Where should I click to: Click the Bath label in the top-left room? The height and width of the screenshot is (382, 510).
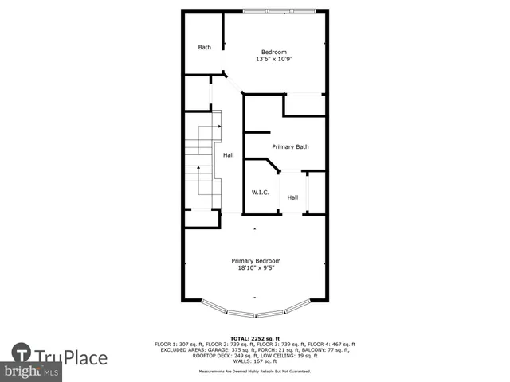pos(205,47)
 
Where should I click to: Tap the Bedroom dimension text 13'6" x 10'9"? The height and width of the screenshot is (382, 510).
pos(274,60)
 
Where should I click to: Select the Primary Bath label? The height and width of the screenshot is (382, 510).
pos(290,146)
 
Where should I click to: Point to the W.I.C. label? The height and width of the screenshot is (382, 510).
pos(260,193)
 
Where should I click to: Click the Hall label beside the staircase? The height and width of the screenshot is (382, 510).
pos(229,155)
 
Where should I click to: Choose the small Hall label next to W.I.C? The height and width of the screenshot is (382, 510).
pos(292,197)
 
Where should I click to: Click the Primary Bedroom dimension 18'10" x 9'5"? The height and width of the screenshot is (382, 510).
pos(256,268)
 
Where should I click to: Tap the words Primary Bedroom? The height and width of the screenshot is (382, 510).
pos(256,260)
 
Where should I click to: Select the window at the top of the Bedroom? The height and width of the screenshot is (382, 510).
pos(275,11)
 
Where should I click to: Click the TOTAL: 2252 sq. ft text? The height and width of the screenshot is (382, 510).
pos(255,337)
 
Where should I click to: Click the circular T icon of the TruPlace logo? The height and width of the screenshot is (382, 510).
pos(22,354)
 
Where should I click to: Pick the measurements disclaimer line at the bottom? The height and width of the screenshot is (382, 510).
pos(255,371)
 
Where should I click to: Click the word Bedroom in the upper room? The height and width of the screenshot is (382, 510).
pos(274,52)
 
